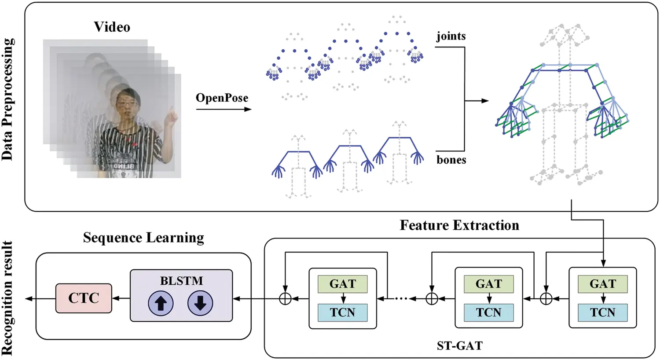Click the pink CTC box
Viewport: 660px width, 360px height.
coord(84,298)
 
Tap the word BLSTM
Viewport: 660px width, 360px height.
coord(181,281)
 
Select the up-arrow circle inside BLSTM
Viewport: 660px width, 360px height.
coord(161,304)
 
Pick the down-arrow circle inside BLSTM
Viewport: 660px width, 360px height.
coord(200,304)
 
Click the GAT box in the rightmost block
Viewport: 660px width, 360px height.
coord(602,284)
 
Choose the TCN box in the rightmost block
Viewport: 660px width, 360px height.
coord(602,312)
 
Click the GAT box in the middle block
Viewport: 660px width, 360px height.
coord(488,284)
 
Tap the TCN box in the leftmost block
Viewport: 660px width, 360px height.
coord(342,312)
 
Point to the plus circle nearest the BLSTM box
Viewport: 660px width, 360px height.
coord(285,299)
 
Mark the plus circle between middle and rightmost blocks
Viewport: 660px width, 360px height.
coord(546,299)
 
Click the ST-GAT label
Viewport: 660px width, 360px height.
coord(459,346)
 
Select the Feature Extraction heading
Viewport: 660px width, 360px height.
coord(459,225)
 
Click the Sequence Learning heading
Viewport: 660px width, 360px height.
coord(143,238)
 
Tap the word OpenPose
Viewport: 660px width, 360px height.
coord(222,98)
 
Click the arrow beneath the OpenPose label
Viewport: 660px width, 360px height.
coord(224,109)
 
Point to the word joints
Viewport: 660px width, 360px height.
coord(451,36)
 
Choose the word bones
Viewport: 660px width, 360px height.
coord(451,160)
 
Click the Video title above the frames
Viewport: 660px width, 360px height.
coord(112,27)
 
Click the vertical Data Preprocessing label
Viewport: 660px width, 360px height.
coord(7,99)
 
